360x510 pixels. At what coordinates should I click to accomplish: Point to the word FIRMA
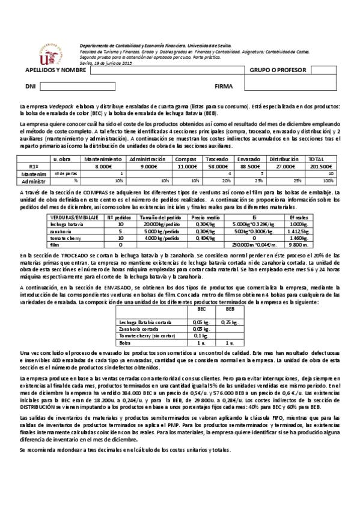(x=223, y=87)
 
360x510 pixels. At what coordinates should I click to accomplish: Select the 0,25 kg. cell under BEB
(x=228, y=323)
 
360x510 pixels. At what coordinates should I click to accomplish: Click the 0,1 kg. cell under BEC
(x=200, y=336)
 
